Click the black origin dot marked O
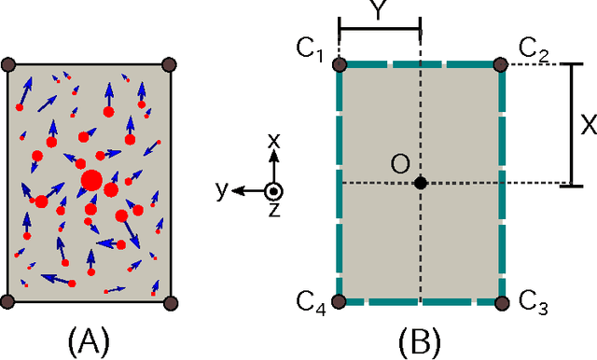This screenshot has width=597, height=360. point(421,183)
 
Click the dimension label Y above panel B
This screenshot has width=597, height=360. point(380,11)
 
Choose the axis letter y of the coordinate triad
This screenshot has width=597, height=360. point(221,189)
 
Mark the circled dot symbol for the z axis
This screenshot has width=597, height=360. point(273,190)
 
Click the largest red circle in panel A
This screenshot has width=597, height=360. point(92,179)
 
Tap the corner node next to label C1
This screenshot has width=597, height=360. point(340,64)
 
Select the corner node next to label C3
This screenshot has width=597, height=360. point(503,301)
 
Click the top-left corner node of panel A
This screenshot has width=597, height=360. point(8,64)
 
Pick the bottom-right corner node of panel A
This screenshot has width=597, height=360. point(170,302)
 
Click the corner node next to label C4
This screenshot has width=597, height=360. point(340,301)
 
